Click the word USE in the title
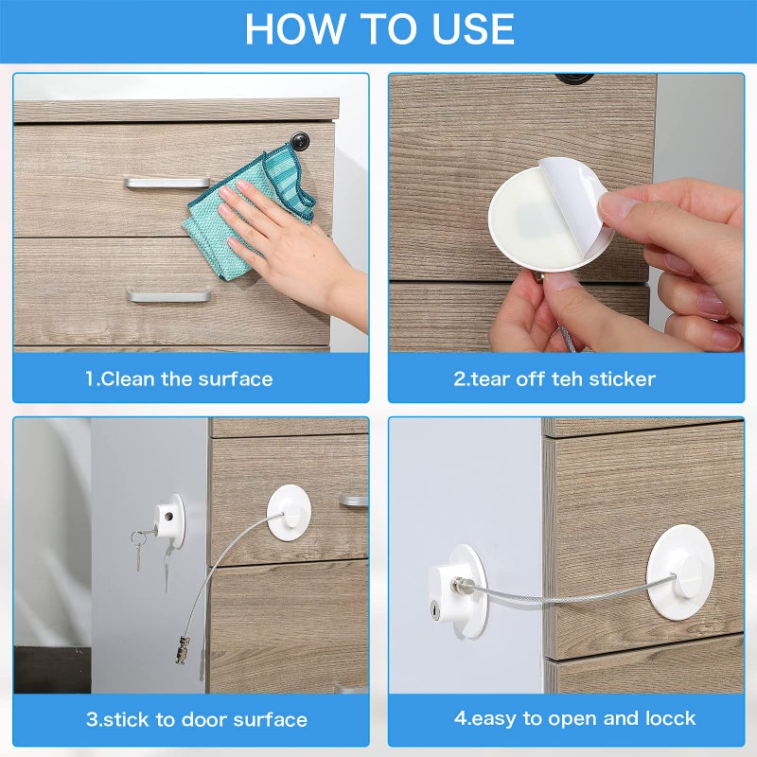coord(463,29)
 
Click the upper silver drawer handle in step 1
coord(167,182)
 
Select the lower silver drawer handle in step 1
coord(168,296)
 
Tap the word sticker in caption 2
coord(622,379)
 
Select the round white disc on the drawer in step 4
coord(683,572)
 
